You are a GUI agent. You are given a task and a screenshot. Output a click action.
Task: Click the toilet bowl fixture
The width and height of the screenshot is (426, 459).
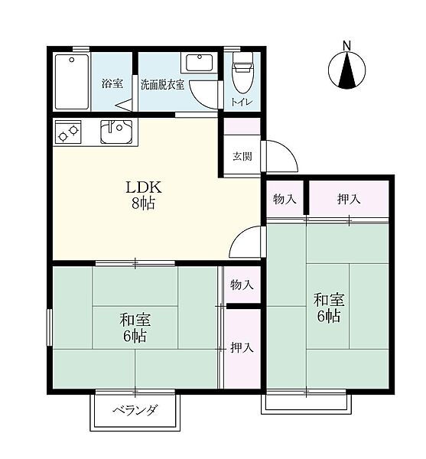242,73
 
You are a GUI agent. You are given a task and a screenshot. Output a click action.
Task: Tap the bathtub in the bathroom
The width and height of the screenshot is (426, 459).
72,82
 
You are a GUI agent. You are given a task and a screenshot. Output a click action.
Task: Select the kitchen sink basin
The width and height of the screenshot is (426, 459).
116,132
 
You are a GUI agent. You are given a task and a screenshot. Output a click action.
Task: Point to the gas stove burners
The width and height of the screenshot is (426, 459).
68,132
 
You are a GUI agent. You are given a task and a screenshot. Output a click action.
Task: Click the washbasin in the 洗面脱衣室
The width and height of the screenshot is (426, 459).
200,63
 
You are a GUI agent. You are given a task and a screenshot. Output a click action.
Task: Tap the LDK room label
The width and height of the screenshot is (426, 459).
143,187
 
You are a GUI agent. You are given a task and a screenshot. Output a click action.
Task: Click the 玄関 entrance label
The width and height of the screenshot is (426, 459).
242,156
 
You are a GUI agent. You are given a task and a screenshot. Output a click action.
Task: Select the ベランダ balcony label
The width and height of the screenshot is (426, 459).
135,410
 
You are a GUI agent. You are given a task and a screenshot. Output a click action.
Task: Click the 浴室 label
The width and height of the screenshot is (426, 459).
112,83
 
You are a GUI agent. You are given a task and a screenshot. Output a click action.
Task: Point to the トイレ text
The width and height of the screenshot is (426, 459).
242,103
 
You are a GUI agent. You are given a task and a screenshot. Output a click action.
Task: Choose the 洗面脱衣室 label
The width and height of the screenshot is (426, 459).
163,85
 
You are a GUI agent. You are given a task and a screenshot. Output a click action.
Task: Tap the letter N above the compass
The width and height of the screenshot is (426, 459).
346,46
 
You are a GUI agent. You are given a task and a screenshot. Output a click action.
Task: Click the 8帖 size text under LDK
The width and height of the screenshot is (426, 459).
143,203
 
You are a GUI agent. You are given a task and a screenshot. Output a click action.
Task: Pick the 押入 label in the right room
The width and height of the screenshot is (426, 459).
349,200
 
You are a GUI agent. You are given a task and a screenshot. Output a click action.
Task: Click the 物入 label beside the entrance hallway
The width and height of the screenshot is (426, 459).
285,200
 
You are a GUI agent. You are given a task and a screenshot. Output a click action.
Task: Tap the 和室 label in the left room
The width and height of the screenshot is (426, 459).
135,320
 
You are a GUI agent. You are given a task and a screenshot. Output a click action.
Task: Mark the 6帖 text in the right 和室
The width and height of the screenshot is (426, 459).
329,316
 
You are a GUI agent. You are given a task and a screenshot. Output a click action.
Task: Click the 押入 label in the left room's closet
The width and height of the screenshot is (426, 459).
242,347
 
